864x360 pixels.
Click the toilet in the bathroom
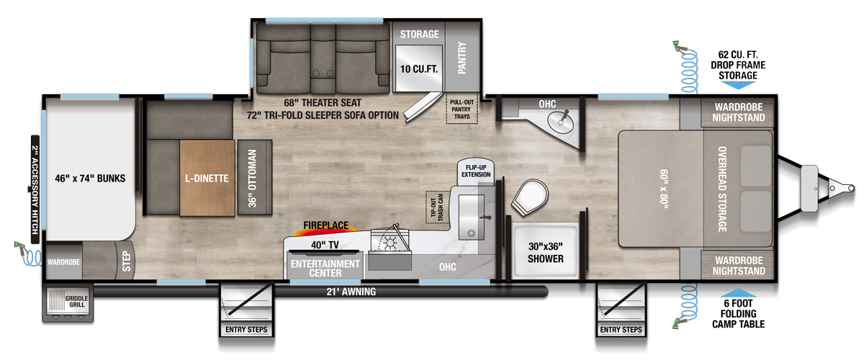531,196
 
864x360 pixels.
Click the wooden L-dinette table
207,176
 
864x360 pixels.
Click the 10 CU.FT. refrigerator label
419,69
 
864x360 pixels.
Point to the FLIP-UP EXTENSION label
476,171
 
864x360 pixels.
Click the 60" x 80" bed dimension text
661,187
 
